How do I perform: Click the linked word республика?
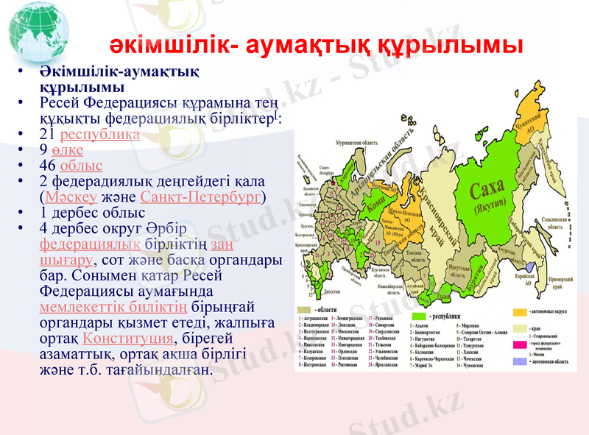[x=100, y=135]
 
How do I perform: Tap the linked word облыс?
[x=81, y=166]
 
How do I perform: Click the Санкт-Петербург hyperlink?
[x=200, y=197]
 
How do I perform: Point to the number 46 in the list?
[x=47, y=166]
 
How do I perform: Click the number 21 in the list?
[x=47, y=135]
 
